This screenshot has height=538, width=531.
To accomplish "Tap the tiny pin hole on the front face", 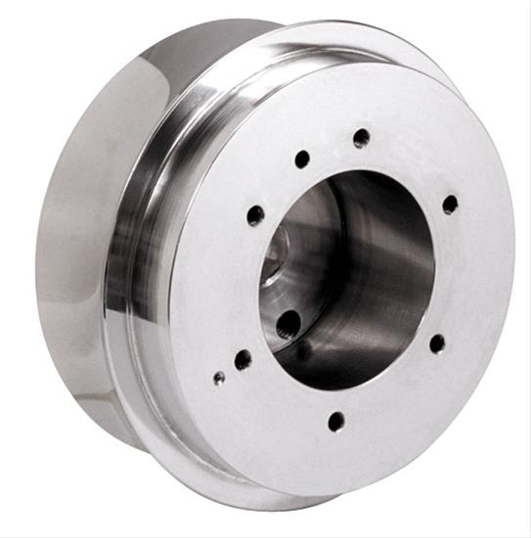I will coord(219,377).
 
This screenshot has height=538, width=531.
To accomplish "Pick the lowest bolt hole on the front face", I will coord(336,422).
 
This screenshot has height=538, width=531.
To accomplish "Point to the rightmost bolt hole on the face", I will coord(450,204).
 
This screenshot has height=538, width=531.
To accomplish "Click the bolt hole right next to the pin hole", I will coord(243,359).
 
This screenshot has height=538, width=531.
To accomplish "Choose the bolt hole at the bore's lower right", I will coord(437,343).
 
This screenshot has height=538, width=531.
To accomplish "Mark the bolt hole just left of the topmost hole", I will coord(302,158).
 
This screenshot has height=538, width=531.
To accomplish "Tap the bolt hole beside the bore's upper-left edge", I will coord(256,214).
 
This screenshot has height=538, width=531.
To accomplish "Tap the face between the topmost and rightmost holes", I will coord(411,161).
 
